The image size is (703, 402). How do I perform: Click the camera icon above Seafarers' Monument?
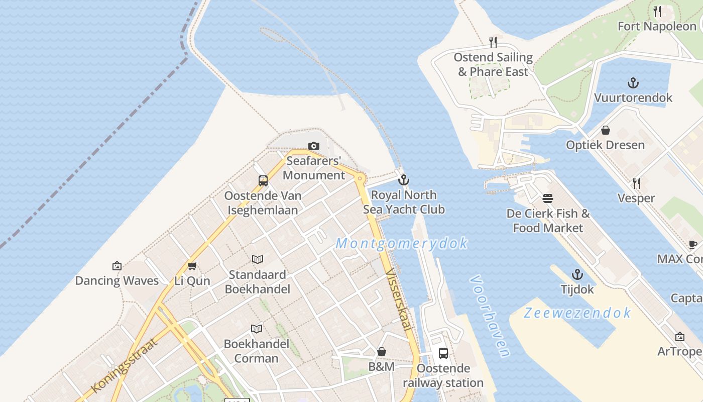pyautogui.click(x=314, y=146)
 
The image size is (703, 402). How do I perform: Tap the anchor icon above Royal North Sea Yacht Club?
pyautogui.click(x=404, y=180)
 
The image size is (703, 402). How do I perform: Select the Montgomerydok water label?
pyautogui.click(x=402, y=244)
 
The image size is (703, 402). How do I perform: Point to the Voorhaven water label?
pyautogui.click(x=490, y=316)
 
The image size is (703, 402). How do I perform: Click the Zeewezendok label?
pyautogui.click(x=577, y=313)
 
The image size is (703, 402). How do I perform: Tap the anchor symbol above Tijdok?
pyautogui.click(x=577, y=274)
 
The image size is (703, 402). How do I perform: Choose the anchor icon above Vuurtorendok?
pyautogui.click(x=633, y=83)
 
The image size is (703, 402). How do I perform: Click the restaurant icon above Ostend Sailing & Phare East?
pyautogui.click(x=493, y=42)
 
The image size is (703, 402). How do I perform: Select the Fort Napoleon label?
pyautogui.click(x=656, y=26)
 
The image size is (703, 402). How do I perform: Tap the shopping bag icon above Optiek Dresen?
pyautogui.click(x=606, y=130)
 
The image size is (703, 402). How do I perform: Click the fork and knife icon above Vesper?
pyautogui.click(x=636, y=183)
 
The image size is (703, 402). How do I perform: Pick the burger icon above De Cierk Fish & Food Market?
pyautogui.click(x=548, y=198)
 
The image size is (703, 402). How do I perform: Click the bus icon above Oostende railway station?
pyautogui.click(x=443, y=353)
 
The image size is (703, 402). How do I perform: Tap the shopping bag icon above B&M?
pyautogui.click(x=382, y=352)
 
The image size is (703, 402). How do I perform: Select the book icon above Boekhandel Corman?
pyautogui.click(x=257, y=329)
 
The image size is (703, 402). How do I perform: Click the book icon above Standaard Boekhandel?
pyautogui.click(x=258, y=259)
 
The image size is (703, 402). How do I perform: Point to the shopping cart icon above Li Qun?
pyautogui.click(x=192, y=265)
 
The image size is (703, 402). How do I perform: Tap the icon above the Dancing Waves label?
pyautogui.click(x=117, y=265)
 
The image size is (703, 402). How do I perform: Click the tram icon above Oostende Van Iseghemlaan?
pyautogui.click(x=263, y=181)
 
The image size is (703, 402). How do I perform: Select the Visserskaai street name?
pyautogui.click(x=398, y=300)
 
